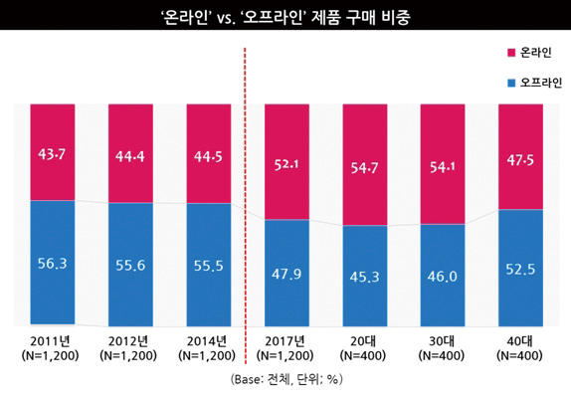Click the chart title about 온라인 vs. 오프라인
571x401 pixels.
(x=285, y=17)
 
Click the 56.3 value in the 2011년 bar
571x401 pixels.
(x=53, y=264)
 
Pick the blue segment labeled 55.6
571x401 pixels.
(x=130, y=264)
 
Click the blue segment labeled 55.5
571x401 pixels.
(x=208, y=264)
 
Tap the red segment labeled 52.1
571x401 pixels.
(x=286, y=161)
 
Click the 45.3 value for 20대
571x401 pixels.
(x=364, y=276)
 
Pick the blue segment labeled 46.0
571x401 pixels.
(x=442, y=276)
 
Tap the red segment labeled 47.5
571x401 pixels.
(x=519, y=156)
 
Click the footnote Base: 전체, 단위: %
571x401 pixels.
(x=285, y=380)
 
